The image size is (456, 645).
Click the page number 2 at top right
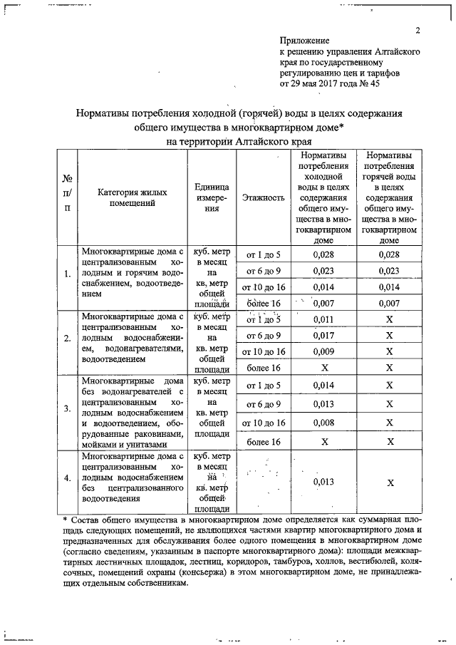[x=418, y=29]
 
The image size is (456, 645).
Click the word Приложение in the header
[x=305, y=41]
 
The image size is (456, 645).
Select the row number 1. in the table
[x=67, y=273]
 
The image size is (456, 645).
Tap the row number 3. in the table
[x=67, y=408]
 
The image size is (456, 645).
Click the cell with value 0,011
[x=324, y=320]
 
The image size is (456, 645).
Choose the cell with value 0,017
[x=324, y=336]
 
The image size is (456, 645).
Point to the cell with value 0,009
[x=324, y=351]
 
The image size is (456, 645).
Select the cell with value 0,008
[x=324, y=422]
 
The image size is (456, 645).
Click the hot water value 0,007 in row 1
[x=389, y=304]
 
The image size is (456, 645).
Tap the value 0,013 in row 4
[x=324, y=483]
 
